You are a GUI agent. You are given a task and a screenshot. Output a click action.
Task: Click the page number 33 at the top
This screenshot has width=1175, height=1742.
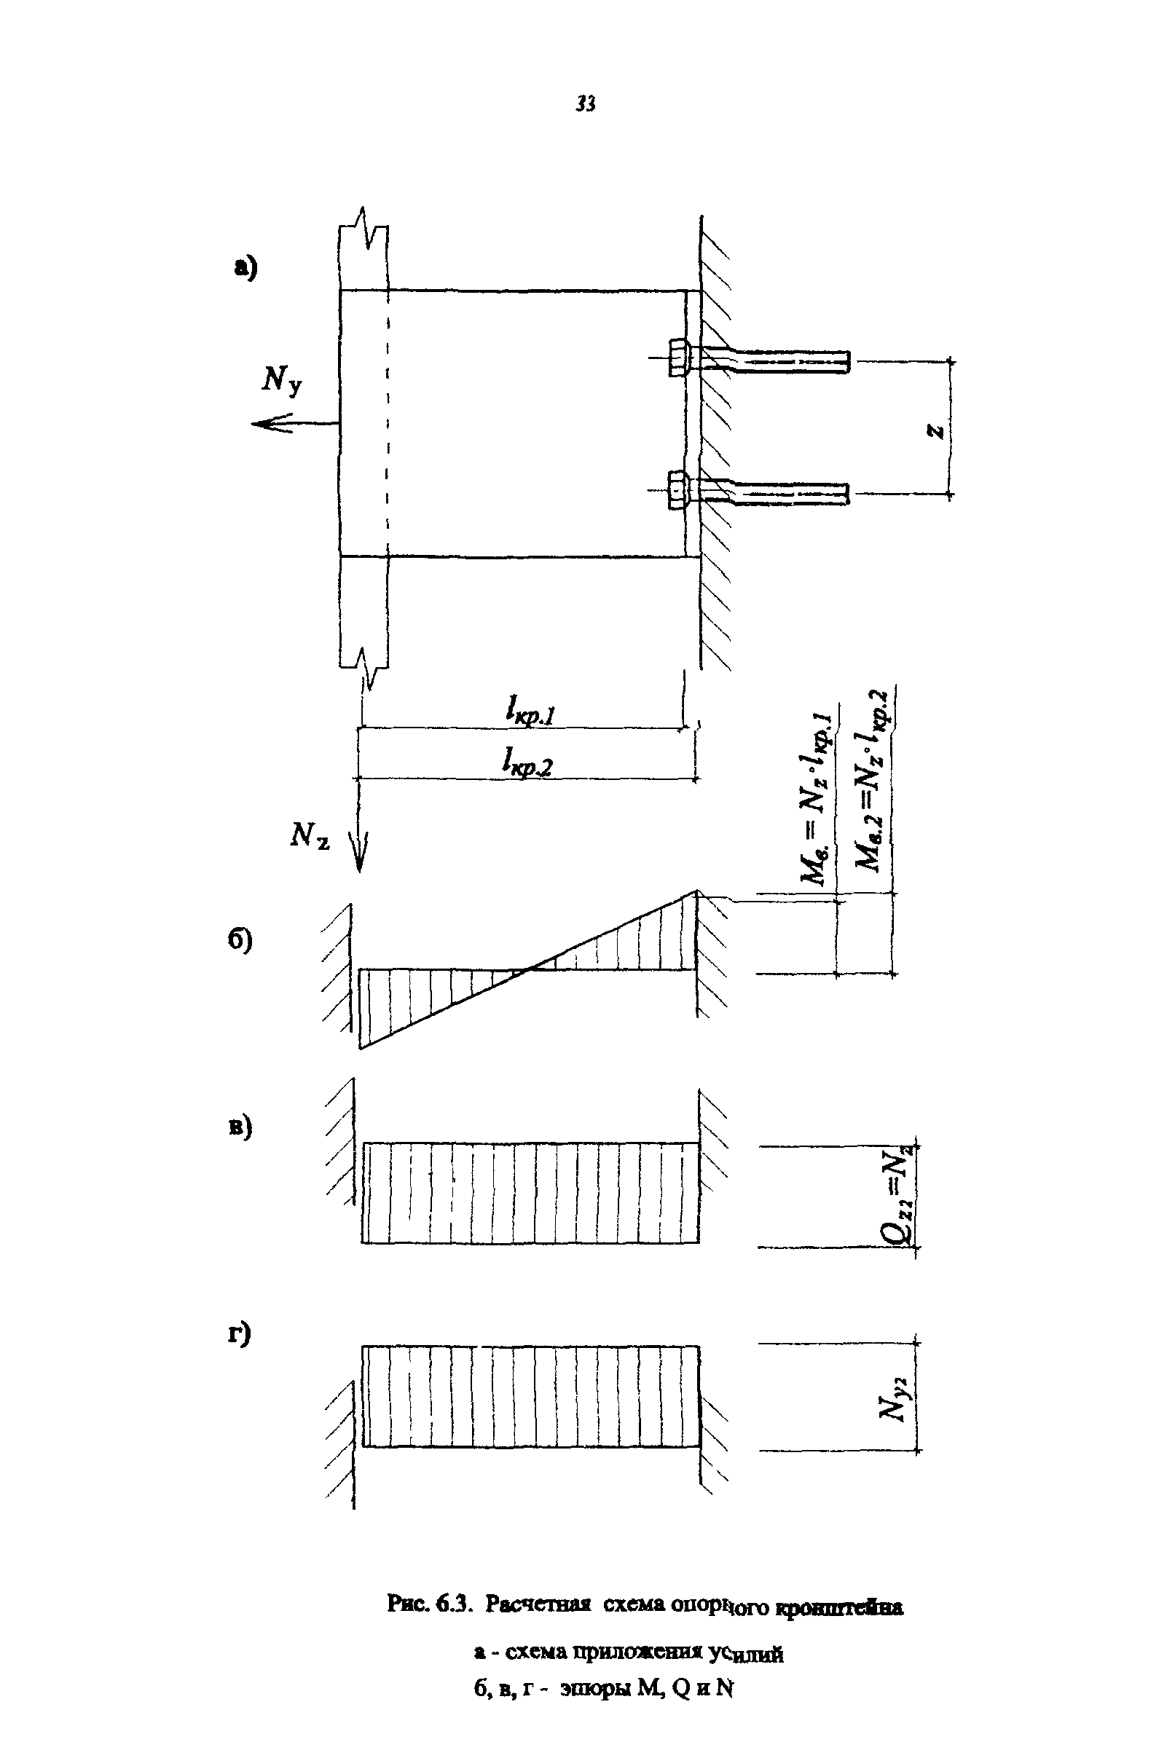586,104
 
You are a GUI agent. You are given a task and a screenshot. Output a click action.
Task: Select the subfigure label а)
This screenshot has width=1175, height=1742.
245,267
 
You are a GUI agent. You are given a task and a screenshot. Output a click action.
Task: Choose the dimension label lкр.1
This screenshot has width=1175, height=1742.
530,711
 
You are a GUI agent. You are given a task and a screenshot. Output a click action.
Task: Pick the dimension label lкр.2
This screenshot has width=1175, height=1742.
527,763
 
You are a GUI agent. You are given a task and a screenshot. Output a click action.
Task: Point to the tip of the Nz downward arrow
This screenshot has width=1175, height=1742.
359,870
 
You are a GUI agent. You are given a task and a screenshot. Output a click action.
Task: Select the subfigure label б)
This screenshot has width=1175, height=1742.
240,942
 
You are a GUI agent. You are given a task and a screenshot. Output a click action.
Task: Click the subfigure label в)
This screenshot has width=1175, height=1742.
240,1127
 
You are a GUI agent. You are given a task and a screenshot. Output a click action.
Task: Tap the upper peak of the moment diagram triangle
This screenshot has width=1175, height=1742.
696,891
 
